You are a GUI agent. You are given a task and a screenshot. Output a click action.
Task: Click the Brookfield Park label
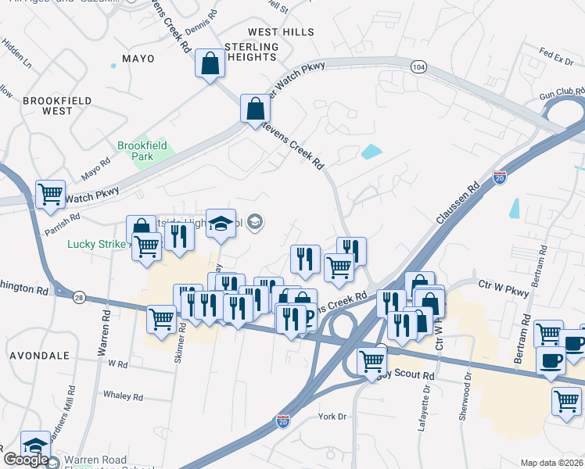(135, 151)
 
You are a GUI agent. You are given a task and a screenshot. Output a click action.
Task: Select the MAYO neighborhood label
(138, 59)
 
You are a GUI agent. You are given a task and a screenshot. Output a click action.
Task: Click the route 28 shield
(80, 299)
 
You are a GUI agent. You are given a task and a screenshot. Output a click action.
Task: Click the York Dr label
(332, 417)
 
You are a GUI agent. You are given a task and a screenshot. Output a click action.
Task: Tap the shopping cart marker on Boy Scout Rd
(371, 360)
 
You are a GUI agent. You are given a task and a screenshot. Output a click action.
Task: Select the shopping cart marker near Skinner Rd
(161, 318)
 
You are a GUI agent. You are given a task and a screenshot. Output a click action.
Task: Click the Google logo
(25, 460)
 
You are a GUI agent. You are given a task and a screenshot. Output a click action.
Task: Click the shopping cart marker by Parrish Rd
(51, 193)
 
